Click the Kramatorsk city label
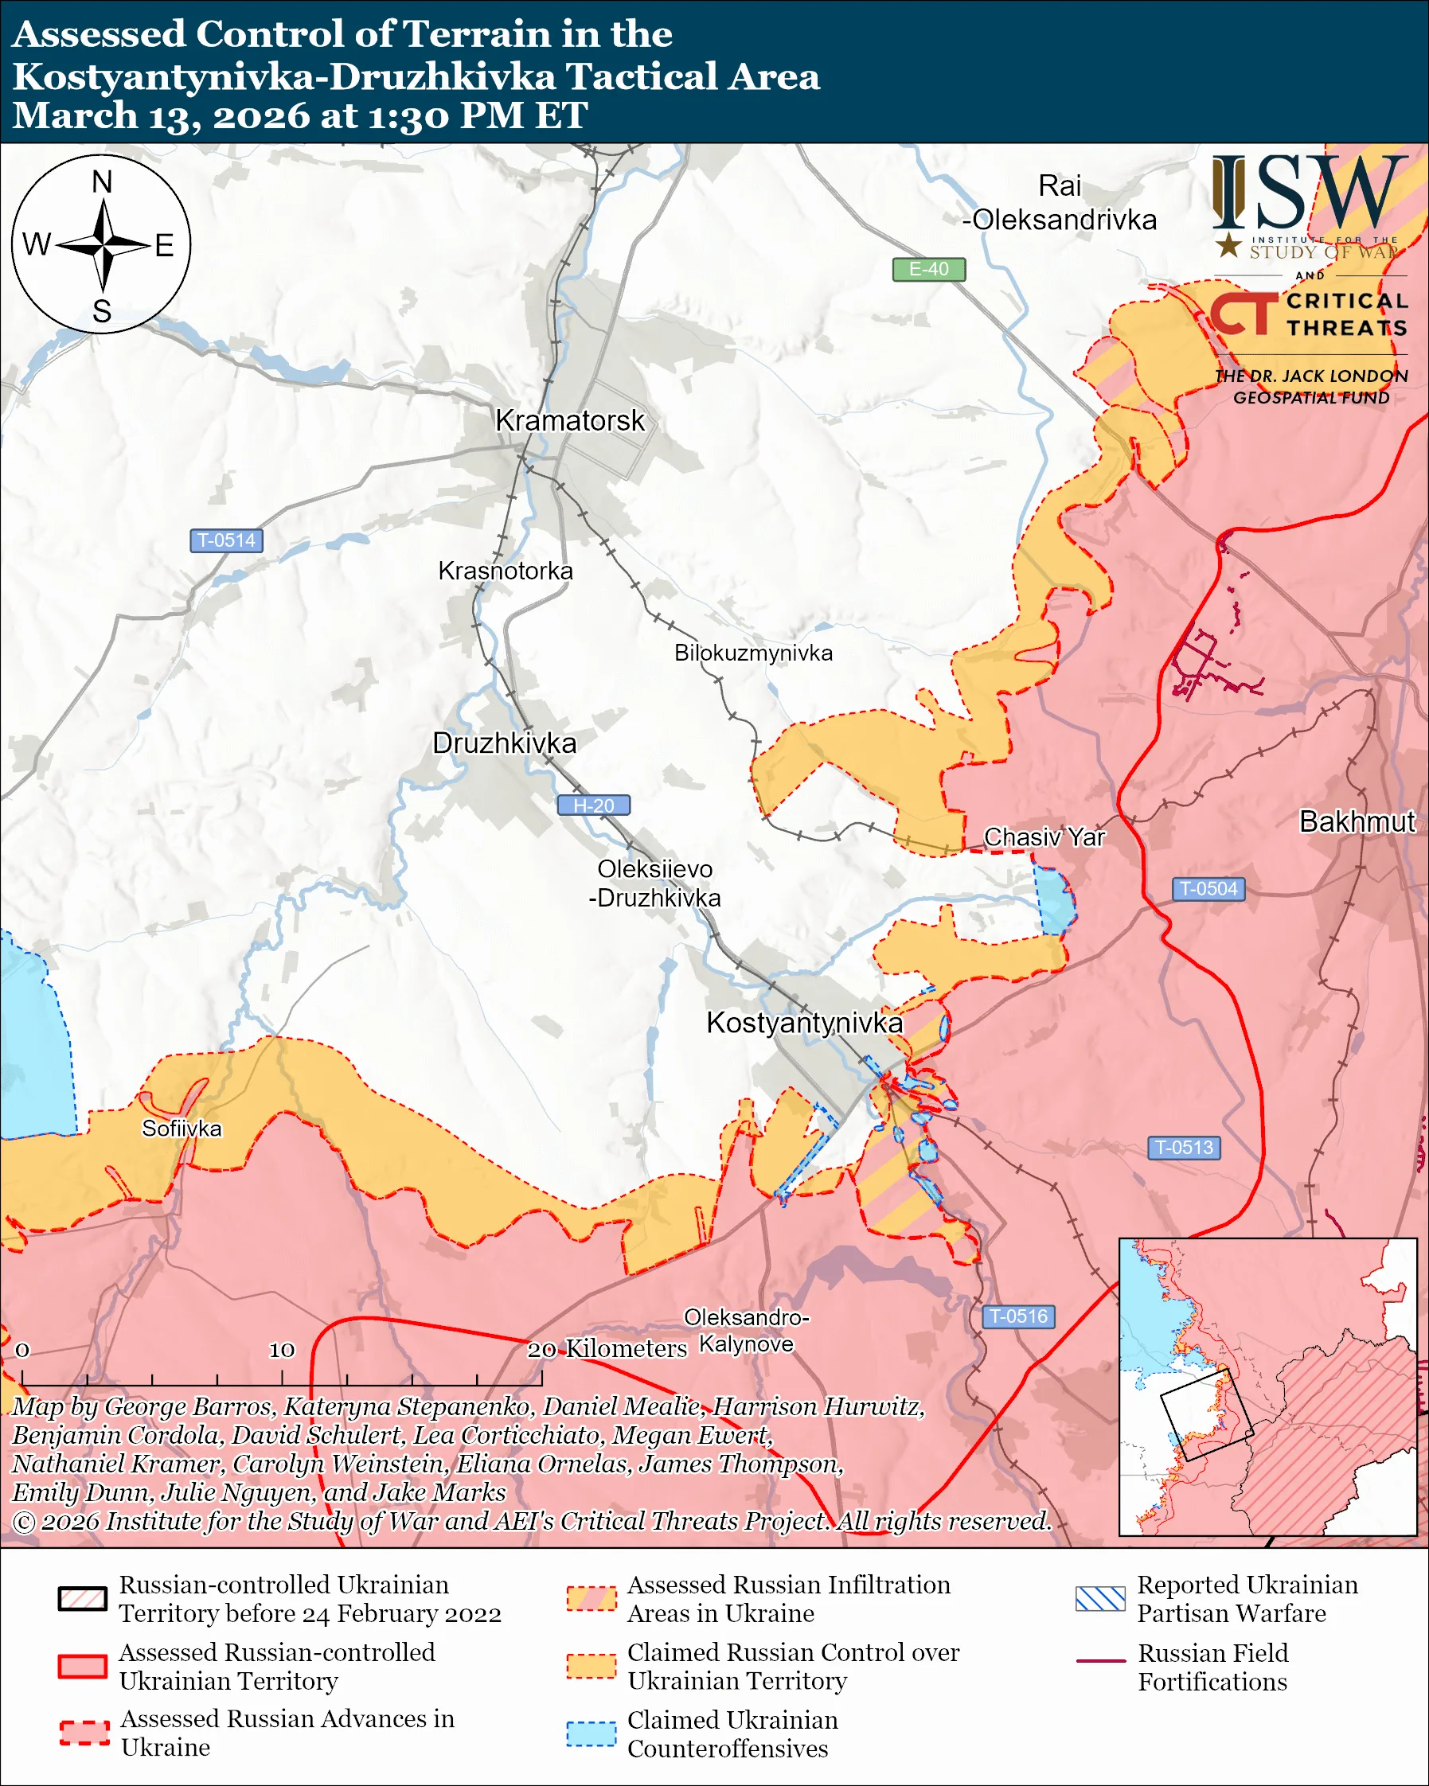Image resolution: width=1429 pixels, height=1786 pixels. tap(569, 421)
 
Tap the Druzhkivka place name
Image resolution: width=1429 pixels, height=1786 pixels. tap(505, 743)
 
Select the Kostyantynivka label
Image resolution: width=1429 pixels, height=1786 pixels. tap(803, 1023)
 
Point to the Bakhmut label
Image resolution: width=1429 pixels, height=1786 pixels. tap(1357, 821)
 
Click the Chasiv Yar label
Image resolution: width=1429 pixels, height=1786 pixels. tap(1044, 837)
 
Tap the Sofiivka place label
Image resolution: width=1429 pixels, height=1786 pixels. tap(182, 1129)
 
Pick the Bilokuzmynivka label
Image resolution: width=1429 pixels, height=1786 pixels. tap(753, 653)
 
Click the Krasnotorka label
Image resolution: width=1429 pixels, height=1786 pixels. tap(506, 571)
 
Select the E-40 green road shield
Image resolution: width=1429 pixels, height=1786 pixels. tap(927, 269)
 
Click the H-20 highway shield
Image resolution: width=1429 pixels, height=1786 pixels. tap(593, 805)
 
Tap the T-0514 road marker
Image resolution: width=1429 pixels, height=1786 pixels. tap(226, 540)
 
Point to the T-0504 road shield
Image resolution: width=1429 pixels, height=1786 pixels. tap(1208, 889)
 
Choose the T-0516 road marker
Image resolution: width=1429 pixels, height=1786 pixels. tap(1018, 1316)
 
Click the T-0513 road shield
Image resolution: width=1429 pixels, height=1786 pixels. tap(1184, 1148)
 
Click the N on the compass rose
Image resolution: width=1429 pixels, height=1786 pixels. tap(102, 182)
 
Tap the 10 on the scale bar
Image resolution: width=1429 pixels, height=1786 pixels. tap(282, 1351)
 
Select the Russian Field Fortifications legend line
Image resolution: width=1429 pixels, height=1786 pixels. tap(1100, 1661)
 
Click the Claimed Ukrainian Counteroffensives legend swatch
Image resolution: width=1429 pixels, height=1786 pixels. tap(591, 1733)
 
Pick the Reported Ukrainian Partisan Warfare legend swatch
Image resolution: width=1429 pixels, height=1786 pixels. tap(1100, 1599)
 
